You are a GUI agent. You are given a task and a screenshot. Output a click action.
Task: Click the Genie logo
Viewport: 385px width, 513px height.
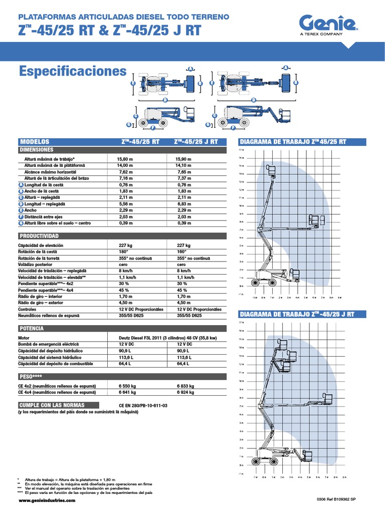(x=328, y=23)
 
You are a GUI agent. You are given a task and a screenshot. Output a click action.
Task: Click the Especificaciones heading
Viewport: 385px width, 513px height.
(x=73, y=72)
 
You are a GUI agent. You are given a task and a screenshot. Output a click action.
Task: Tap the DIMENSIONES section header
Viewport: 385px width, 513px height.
(x=36, y=150)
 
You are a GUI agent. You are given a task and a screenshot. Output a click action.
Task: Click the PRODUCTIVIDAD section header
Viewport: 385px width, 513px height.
(x=39, y=236)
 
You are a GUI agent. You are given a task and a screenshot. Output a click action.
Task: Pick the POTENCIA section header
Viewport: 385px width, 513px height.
(x=32, y=328)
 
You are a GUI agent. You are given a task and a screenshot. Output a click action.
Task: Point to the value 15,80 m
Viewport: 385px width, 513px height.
(x=125, y=159)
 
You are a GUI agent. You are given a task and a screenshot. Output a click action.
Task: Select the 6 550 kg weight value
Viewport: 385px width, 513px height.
(x=127, y=386)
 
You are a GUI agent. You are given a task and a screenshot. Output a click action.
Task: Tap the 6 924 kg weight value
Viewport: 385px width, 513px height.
(x=185, y=393)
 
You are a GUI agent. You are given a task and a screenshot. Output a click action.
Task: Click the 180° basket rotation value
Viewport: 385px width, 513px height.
(x=124, y=251)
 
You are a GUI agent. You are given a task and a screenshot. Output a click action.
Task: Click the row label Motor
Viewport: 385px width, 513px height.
(x=24, y=338)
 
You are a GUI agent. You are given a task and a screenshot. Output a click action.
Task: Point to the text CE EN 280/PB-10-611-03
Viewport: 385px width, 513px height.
(x=143, y=405)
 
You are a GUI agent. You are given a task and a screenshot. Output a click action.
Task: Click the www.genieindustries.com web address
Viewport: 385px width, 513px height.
(x=47, y=500)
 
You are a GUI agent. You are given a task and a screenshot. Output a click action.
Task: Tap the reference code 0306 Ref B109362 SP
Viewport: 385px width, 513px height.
(x=336, y=500)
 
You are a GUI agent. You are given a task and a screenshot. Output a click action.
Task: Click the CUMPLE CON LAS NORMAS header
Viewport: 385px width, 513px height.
(x=52, y=405)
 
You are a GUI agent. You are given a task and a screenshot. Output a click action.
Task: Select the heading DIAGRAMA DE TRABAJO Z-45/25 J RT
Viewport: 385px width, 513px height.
(x=297, y=314)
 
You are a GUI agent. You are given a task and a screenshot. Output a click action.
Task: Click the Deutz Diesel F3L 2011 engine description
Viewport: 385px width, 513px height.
(x=167, y=338)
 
